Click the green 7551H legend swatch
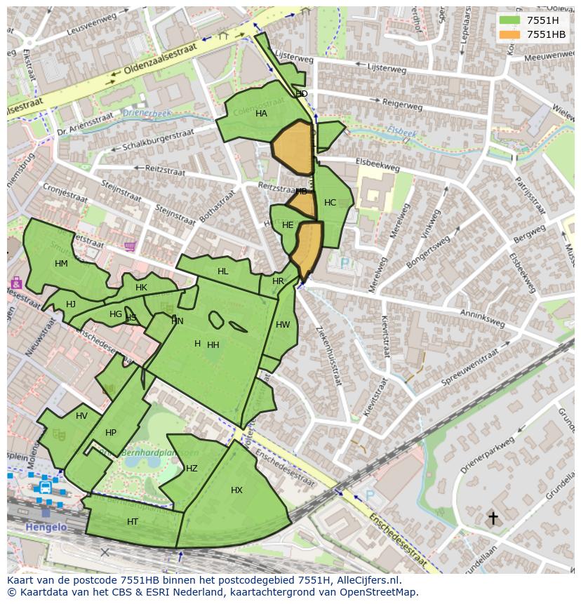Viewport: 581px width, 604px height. pyautogui.click(x=509, y=20)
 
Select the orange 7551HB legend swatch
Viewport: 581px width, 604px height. pyautogui.click(x=509, y=34)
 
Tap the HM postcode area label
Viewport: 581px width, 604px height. pyautogui.click(x=61, y=264)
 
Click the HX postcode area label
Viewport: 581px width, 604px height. pyautogui.click(x=236, y=490)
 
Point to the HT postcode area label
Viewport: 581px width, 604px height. pyautogui.click(x=133, y=522)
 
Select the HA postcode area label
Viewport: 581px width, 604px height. pyautogui.click(x=261, y=114)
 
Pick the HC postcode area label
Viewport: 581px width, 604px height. pyautogui.click(x=330, y=203)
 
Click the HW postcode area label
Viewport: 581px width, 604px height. pyautogui.click(x=283, y=325)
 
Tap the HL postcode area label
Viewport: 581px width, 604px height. pyautogui.click(x=223, y=271)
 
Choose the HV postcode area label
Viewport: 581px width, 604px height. pyautogui.click(x=82, y=416)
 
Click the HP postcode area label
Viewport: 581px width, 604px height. pyautogui.click(x=111, y=433)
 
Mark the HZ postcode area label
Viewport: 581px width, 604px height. pyautogui.click(x=192, y=469)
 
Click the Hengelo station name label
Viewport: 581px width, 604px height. pyautogui.click(x=46, y=527)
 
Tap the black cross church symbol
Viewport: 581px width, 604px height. pyautogui.click(x=493, y=518)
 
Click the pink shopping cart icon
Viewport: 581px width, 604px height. pyautogui.click(x=130, y=246)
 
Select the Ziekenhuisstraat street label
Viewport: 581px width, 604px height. pyautogui.click(x=328, y=355)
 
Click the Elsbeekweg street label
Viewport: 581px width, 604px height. pyautogui.click(x=378, y=164)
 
